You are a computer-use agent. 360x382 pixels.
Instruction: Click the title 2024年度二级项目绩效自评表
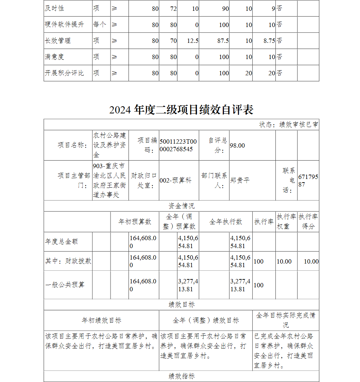tap(181, 109)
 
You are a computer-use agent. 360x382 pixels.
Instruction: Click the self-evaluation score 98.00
tap(237, 145)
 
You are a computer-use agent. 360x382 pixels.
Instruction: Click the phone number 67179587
tap(308, 181)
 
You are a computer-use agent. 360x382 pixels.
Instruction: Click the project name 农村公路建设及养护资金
tap(110, 145)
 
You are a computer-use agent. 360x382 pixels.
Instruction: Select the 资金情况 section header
tap(181, 206)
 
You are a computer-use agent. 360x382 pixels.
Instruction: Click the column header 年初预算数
tap(135, 222)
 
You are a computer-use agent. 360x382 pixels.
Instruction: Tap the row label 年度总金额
tap(62, 242)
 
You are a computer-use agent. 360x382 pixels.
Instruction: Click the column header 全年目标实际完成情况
tap(285, 320)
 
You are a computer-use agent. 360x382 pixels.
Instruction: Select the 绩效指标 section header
tap(181, 376)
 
